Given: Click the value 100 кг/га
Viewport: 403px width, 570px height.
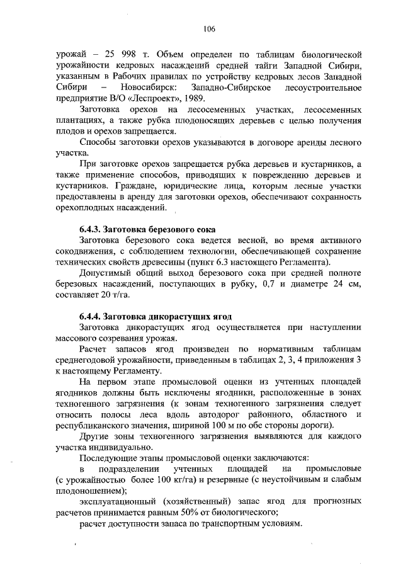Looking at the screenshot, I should point(183,480).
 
